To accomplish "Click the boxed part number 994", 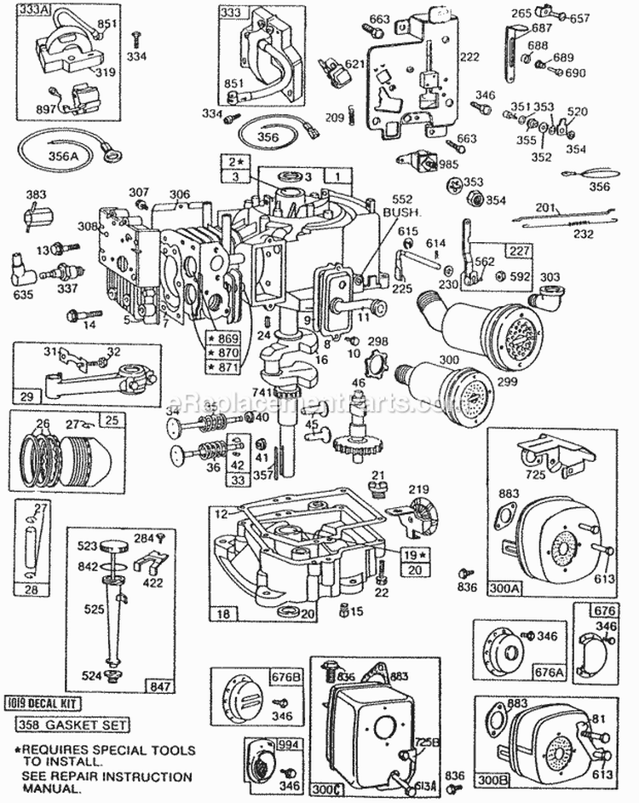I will pos(268,743).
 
